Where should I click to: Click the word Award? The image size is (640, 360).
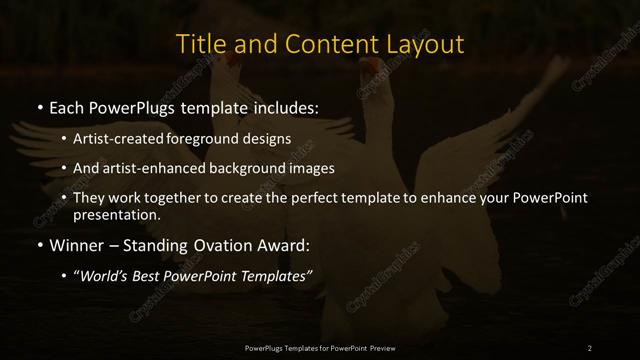pyautogui.click(x=283, y=246)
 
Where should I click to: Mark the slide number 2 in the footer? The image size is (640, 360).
pyautogui.click(x=590, y=347)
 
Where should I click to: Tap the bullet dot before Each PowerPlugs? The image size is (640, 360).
pyautogui.click(x=39, y=106)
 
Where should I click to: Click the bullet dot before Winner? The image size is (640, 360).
pyautogui.click(x=39, y=246)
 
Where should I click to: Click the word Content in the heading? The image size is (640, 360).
pyautogui.click(x=330, y=45)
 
